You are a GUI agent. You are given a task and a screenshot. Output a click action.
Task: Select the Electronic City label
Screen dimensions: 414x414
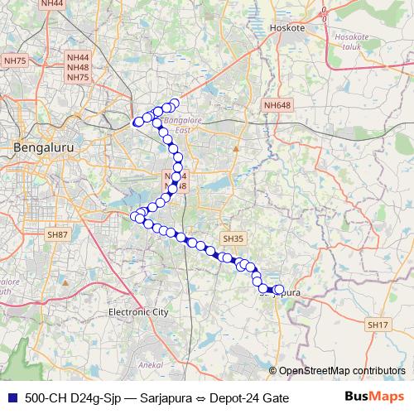click(138, 312)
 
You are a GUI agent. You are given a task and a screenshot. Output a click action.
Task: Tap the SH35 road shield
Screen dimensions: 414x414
click(233, 238)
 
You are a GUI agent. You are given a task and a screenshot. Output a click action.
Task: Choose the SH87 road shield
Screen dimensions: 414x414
click(56, 235)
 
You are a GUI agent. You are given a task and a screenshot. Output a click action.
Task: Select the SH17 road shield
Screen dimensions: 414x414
click(378, 324)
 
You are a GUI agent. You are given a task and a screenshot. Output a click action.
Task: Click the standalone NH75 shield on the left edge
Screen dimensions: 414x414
click(15, 60)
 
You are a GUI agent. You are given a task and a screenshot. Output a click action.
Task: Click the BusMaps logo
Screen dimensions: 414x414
click(375, 397)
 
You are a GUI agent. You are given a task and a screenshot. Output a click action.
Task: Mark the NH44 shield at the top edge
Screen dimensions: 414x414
click(51, 3)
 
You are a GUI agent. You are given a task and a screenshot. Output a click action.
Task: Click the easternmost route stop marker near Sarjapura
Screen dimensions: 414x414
click(279, 290)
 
